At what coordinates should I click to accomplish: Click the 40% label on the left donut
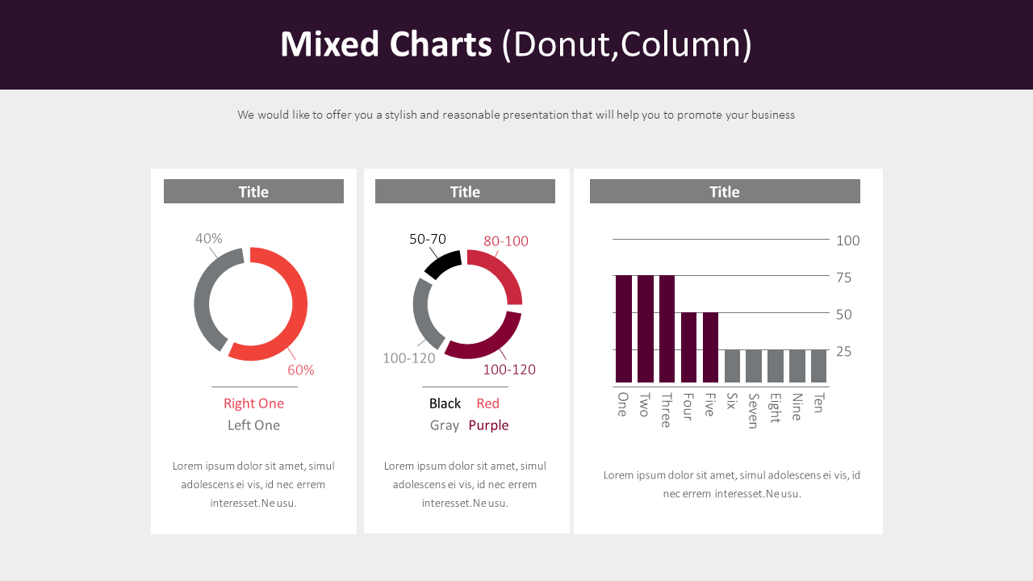pyautogui.click(x=208, y=239)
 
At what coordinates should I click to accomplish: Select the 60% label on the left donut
pyautogui.click(x=301, y=370)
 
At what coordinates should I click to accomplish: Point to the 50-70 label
pyautogui.click(x=428, y=240)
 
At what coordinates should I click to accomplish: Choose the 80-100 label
pyautogui.click(x=506, y=241)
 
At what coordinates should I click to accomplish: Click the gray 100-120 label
pyautogui.click(x=408, y=358)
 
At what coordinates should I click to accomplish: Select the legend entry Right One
pyautogui.click(x=253, y=403)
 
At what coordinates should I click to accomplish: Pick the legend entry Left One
pyautogui.click(x=253, y=425)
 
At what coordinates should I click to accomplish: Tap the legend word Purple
pyautogui.click(x=488, y=425)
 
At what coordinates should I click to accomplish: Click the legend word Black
pyautogui.click(x=445, y=403)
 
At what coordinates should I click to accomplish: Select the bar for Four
pyautogui.click(x=688, y=347)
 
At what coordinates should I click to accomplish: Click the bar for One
pyautogui.click(x=624, y=328)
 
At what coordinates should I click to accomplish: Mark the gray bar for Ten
pyautogui.click(x=818, y=366)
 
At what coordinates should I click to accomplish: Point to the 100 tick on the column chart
pyautogui.click(x=848, y=240)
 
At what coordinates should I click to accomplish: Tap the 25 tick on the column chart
pyautogui.click(x=844, y=352)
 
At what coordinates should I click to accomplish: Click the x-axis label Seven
pyautogui.click(x=753, y=411)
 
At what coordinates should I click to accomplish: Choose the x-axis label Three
pyautogui.click(x=666, y=410)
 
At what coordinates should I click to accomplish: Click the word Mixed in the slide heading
pyautogui.click(x=328, y=44)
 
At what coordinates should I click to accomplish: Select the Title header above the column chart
pyautogui.click(x=725, y=192)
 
